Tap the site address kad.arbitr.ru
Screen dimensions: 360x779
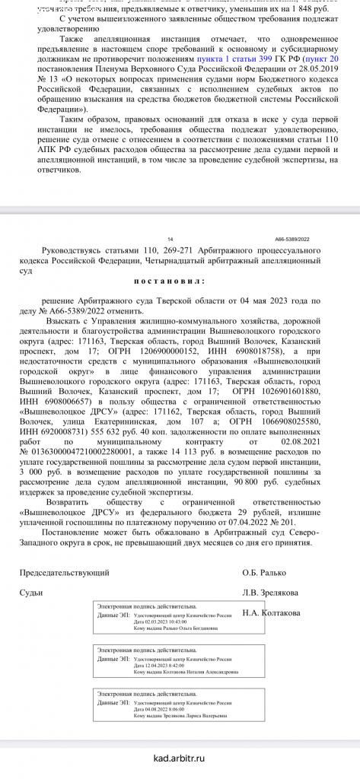click(x=180, y=758)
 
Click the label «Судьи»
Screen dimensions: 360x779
click(x=32, y=592)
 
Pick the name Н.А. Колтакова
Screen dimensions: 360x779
click(x=272, y=612)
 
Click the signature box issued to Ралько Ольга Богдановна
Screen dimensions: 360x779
click(x=161, y=617)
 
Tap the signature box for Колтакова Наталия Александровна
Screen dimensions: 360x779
click(x=161, y=661)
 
